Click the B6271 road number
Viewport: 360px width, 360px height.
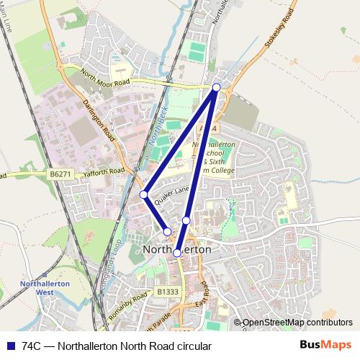coord(61,174)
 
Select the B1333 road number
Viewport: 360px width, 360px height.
coord(168,292)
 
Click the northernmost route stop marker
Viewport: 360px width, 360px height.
coord(217,87)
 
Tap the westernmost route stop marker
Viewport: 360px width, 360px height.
coord(144,194)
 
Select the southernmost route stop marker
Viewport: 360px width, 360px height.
coord(177,253)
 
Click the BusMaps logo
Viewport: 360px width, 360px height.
coord(325,345)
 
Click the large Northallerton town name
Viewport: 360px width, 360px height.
coord(178,249)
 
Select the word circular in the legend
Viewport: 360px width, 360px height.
coord(192,346)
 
